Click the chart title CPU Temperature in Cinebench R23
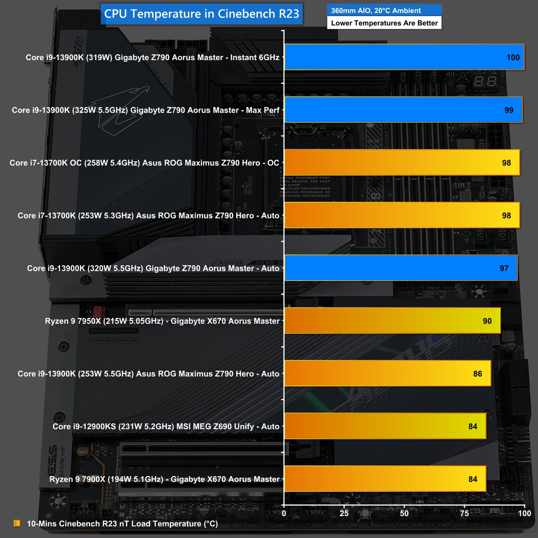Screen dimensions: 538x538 [x=201, y=13]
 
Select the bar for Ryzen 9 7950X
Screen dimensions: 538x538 [x=392, y=321]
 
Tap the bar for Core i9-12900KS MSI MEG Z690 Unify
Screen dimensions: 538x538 [x=385, y=426]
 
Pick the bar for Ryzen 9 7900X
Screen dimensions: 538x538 [x=385, y=479]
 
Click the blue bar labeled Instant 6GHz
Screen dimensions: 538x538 [x=404, y=57]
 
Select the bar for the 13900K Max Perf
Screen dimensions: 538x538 [x=403, y=110]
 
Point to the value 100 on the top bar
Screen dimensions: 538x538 [x=513, y=57]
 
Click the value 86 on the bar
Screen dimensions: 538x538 [x=477, y=374]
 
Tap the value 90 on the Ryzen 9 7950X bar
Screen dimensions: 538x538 [x=487, y=321]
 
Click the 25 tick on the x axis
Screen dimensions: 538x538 [x=344, y=512]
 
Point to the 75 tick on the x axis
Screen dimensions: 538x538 [x=464, y=512]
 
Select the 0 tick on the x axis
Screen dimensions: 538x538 [x=284, y=512]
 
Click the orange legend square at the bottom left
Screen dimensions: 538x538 [x=17, y=523]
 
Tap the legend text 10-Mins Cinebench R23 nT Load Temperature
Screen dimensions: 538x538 [x=122, y=523]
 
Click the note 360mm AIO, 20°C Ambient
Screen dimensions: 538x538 [x=376, y=10]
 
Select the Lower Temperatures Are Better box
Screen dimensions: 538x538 [x=384, y=23]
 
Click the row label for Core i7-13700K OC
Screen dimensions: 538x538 [x=144, y=163]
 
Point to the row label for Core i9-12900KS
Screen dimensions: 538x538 [x=166, y=426]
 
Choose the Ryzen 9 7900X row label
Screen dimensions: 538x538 [x=165, y=479]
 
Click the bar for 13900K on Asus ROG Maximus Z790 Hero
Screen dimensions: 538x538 [x=388, y=374]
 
